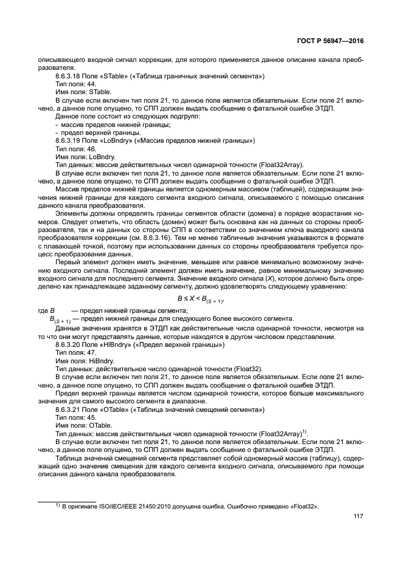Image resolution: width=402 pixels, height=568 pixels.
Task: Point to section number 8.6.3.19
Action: click(70, 140)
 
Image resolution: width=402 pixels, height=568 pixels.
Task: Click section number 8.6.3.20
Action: click(70, 344)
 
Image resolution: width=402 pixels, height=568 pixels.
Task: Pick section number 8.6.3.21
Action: click(70, 410)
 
